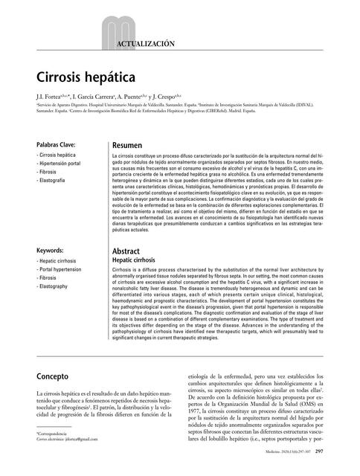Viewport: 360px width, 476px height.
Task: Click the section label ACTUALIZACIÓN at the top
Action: tap(146, 45)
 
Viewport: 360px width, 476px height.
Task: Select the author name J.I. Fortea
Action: tap(52, 97)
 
